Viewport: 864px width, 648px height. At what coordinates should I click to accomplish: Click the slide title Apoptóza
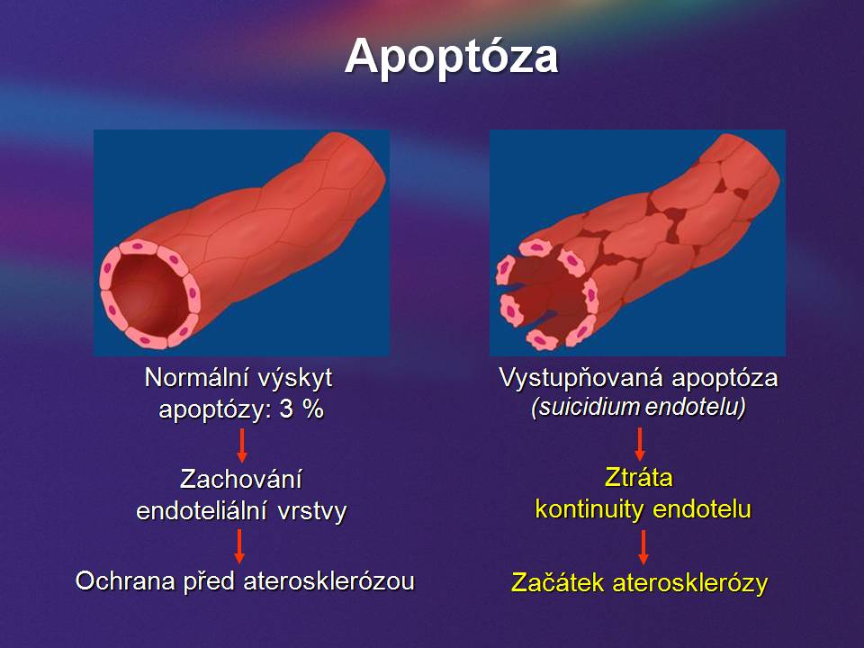click(x=451, y=57)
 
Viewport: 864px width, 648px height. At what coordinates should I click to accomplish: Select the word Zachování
click(x=241, y=479)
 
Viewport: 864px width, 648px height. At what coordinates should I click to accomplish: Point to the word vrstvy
click(x=312, y=511)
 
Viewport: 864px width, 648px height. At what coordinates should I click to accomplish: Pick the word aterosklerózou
click(x=329, y=580)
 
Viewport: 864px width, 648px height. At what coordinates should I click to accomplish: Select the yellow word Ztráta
click(x=639, y=477)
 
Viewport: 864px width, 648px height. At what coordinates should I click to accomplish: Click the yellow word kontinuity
click(x=589, y=509)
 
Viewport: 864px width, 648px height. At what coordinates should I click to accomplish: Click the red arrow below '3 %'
click(x=241, y=445)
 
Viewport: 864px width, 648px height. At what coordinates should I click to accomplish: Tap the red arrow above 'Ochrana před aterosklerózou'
click(x=239, y=546)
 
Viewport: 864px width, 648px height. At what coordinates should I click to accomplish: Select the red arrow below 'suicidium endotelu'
click(x=640, y=444)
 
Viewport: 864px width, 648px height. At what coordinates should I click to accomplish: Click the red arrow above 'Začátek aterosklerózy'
click(x=643, y=547)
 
